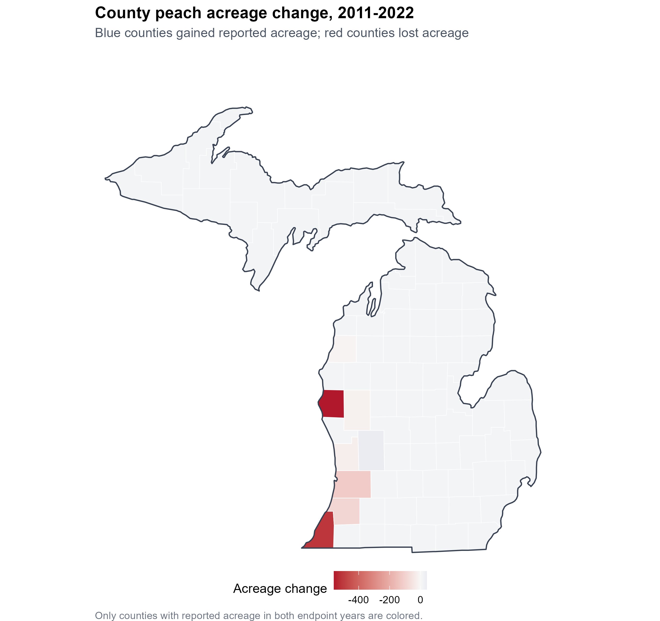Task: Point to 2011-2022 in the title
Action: coord(375,13)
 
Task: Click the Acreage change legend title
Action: coord(280,588)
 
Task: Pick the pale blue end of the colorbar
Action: coord(425,580)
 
